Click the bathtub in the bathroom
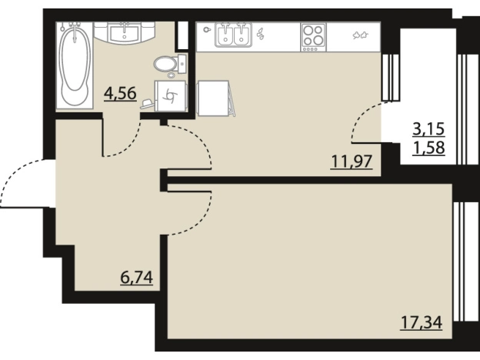(x=75, y=65)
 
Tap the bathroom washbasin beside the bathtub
(x=125, y=32)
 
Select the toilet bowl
(x=170, y=65)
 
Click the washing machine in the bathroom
(x=171, y=96)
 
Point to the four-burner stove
(x=314, y=38)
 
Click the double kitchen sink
(x=233, y=35)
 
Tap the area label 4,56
(x=120, y=93)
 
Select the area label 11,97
(x=352, y=162)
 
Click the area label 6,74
(x=136, y=278)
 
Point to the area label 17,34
(x=422, y=322)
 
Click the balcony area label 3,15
(x=428, y=129)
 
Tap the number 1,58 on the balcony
(x=428, y=148)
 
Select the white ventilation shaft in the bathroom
(x=183, y=35)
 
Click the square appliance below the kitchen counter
(x=213, y=98)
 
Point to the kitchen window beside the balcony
(x=390, y=78)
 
